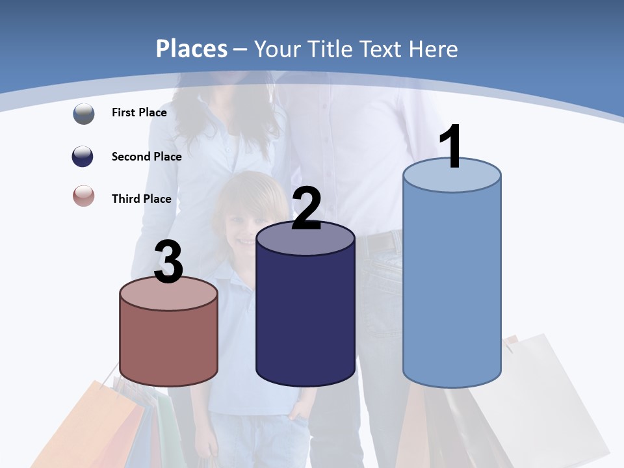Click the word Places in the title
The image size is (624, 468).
tap(192, 49)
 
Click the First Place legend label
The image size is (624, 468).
tap(139, 112)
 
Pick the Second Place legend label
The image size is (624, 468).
tap(146, 156)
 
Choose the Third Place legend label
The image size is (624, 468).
tap(141, 199)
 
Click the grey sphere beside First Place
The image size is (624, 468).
tap(84, 113)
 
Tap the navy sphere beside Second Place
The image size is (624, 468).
tap(83, 156)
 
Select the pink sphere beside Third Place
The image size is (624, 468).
tap(84, 196)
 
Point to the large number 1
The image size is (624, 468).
tap(451, 148)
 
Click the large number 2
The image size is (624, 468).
tap(306, 209)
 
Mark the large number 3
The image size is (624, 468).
tap(169, 263)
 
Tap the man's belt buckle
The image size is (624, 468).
tap(383, 242)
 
